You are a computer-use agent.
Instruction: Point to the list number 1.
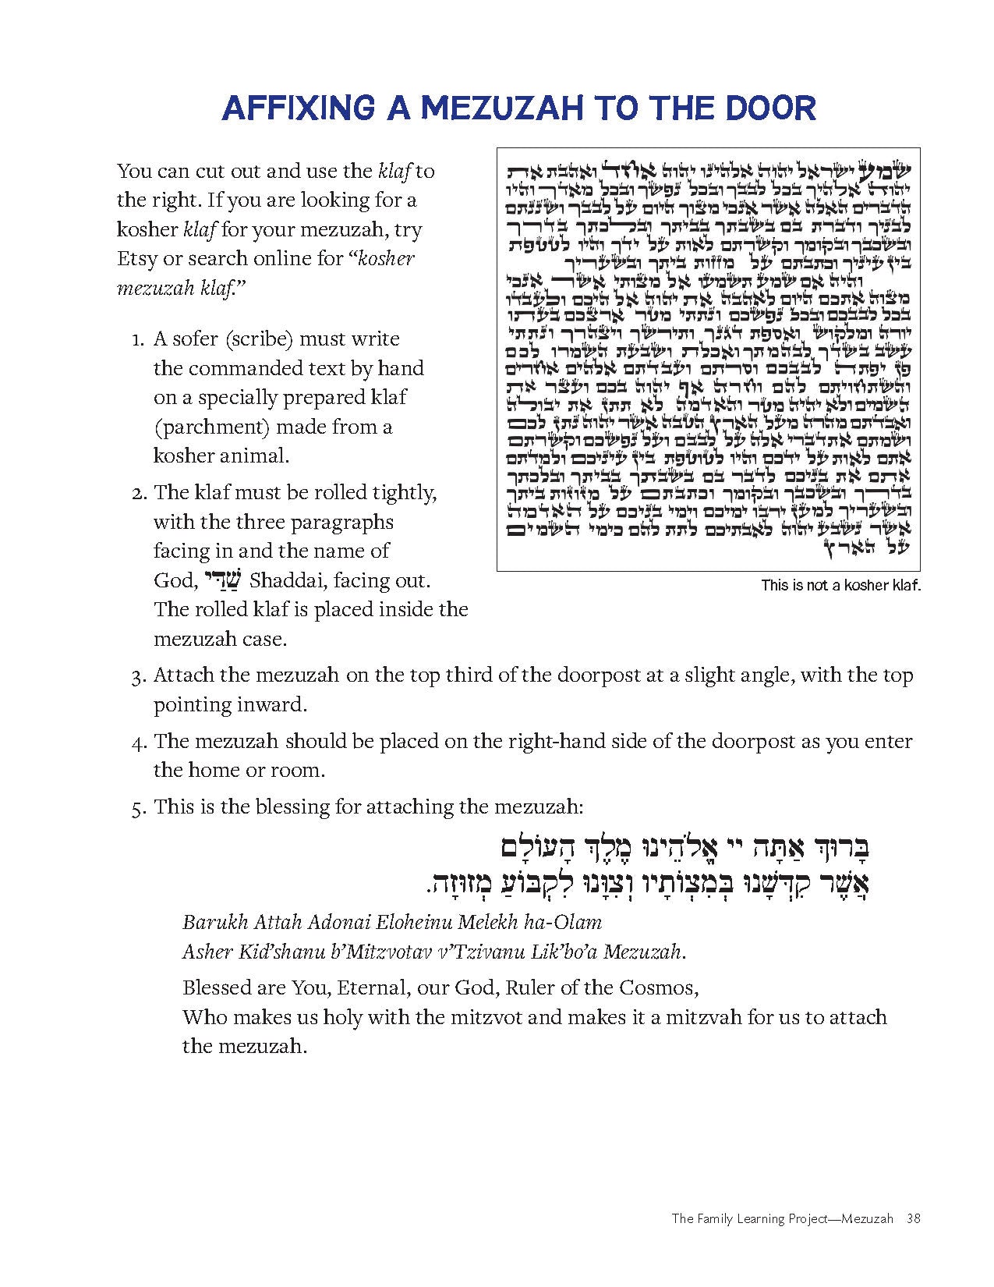point(138,340)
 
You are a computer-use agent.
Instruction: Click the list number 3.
point(138,676)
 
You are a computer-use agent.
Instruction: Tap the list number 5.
point(138,807)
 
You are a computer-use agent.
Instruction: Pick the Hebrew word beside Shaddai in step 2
point(223,580)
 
